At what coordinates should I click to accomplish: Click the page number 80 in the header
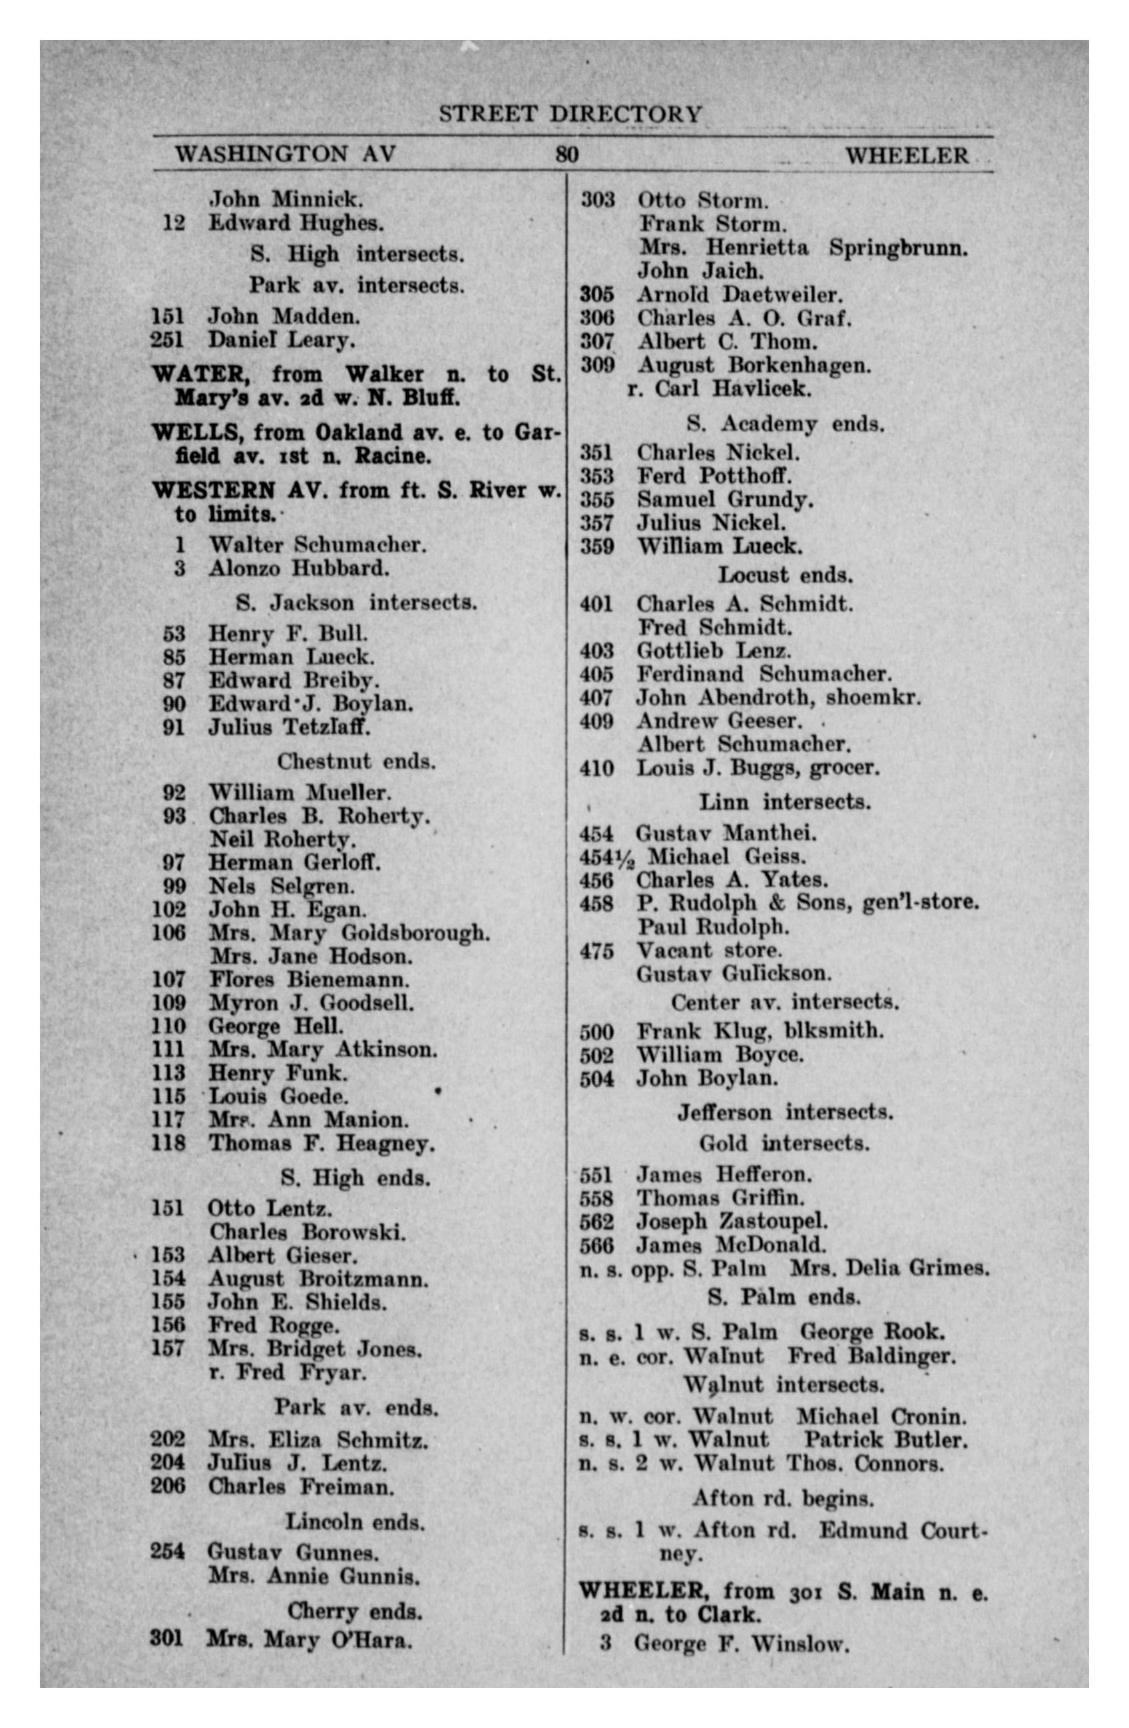tap(566, 154)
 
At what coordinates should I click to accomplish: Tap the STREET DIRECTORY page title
tap(570, 114)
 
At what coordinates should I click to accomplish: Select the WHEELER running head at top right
tap(906, 155)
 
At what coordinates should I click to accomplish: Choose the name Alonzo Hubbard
tap(298, 568)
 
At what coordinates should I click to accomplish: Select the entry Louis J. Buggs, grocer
tap(758, 767)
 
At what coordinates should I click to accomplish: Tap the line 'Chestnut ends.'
tap(355, 761)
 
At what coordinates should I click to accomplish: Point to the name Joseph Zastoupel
tap(732, 1222)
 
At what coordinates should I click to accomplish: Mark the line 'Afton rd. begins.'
tap(783, 1498)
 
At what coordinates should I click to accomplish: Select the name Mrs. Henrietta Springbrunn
tap(803, 248)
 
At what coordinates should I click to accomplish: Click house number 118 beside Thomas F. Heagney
tap(168, 1143)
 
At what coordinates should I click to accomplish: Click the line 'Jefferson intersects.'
tap(785, 1112)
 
